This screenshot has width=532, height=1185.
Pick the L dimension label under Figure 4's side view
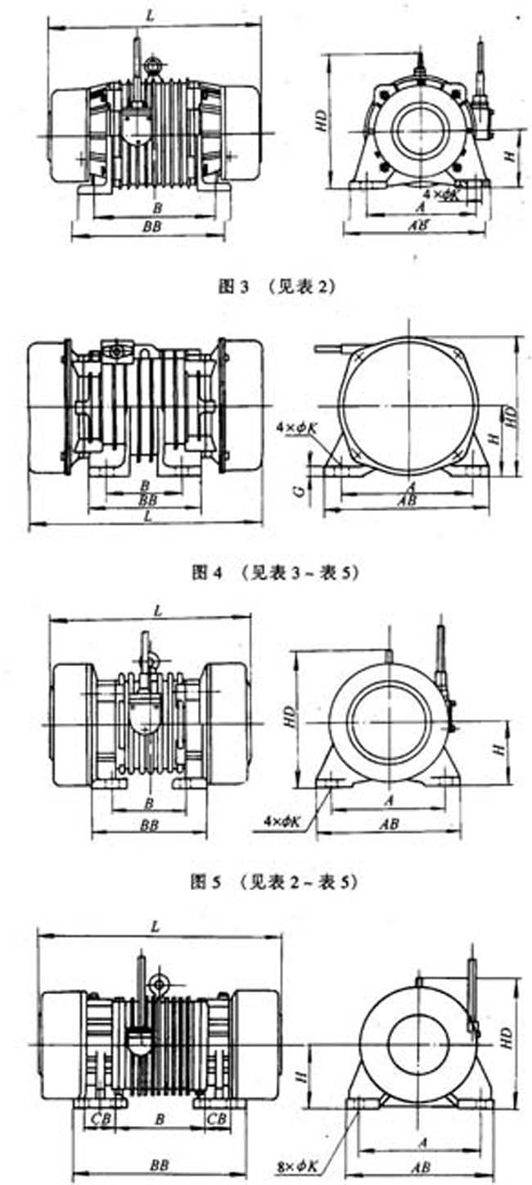[147, 518]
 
